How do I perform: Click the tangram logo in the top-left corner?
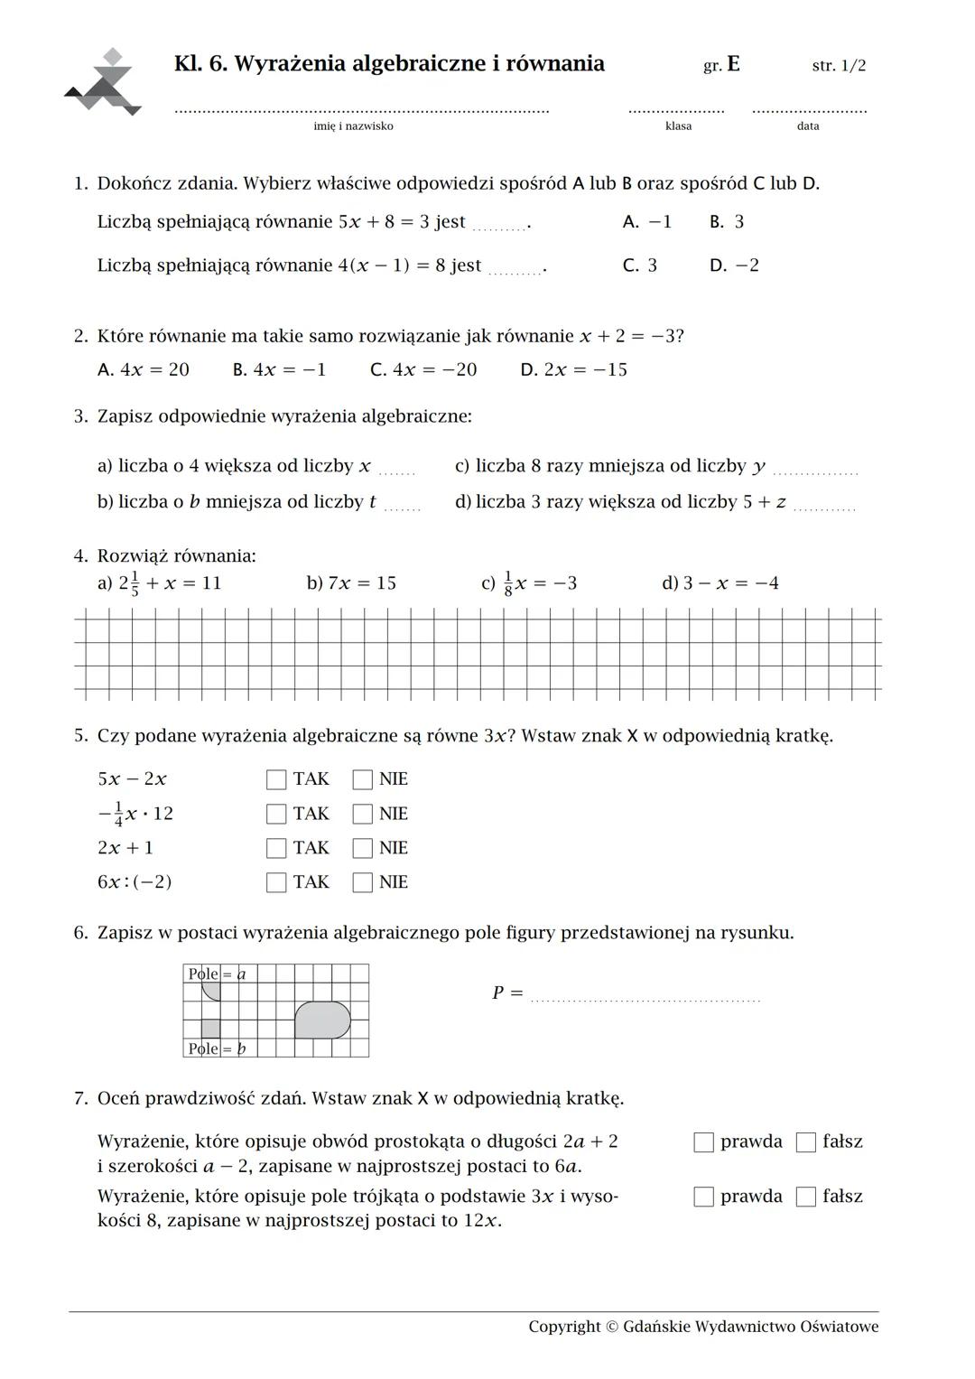(x=103, y=83)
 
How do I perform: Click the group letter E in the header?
(x=733, y=64)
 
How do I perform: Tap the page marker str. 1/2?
(x=839, y=66)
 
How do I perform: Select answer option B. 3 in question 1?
(x=727, y=222)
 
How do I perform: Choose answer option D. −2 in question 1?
(x=734, y=266)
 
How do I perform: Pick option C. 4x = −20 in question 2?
(x=423, y=369)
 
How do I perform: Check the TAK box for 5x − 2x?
(x=276, y=779)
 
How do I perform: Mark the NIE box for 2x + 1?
(x=362, y=848)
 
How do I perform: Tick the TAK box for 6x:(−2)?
(x=276, y=882)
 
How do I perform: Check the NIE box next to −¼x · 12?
(x=362, y=814)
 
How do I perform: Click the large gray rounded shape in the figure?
(x=322, y=1020)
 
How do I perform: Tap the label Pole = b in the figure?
(x=216, y=1048)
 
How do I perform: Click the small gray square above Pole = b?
(x=210, y=1029)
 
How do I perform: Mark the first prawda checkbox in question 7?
(x=703, y=1142)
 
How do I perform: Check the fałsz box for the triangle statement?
(x=805, y=1197)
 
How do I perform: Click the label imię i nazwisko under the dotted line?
(x=353, y=126)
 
